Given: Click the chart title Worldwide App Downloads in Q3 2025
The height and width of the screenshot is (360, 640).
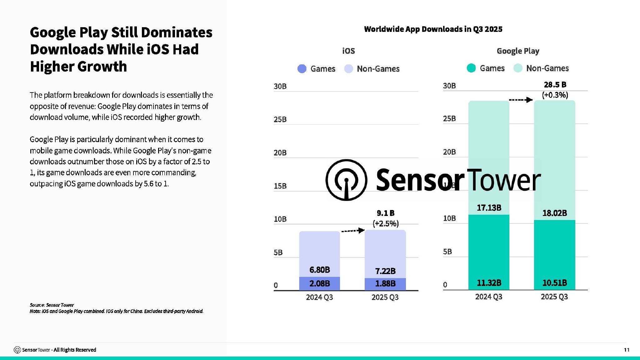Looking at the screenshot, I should (433, 29).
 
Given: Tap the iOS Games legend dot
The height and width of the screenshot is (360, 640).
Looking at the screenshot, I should (302, 69).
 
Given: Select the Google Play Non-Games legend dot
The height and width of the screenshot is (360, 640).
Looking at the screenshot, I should (518, 68).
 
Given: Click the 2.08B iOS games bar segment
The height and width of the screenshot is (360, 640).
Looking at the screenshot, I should (319, 283).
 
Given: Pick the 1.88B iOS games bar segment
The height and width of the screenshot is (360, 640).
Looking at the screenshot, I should (385, 284).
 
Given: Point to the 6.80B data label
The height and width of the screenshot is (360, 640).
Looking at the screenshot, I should (319, 270).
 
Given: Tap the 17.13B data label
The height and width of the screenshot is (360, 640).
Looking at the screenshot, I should (489, 208).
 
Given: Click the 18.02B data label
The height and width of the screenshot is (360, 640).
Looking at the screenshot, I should (554, 213).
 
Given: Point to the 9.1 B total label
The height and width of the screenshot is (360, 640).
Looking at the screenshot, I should (385, 213).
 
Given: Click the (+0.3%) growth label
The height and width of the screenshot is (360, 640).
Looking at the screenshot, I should (555, 95).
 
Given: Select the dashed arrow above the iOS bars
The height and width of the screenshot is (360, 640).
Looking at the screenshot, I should (353, 231).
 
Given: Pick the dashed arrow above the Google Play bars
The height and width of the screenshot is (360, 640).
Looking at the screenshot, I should (521, 100).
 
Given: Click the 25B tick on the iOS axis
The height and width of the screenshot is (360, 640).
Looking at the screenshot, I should (280, 119).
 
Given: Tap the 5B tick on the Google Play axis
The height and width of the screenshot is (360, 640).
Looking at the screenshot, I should (447, 252).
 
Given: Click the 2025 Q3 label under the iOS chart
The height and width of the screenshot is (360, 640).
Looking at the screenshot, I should (385, 297).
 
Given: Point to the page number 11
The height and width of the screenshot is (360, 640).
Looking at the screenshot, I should (627, 350).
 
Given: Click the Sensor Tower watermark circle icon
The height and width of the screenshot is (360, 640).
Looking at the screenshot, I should (346, 180).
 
